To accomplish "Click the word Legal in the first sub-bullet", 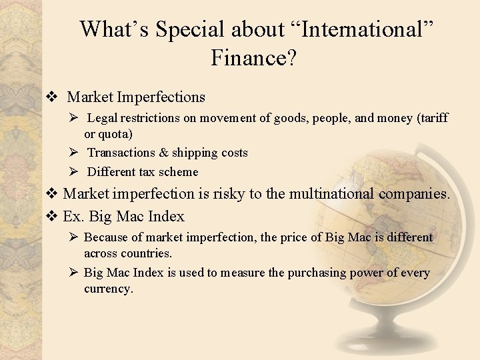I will click(x=102, y=118).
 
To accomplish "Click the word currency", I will click(x=108, y=289).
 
